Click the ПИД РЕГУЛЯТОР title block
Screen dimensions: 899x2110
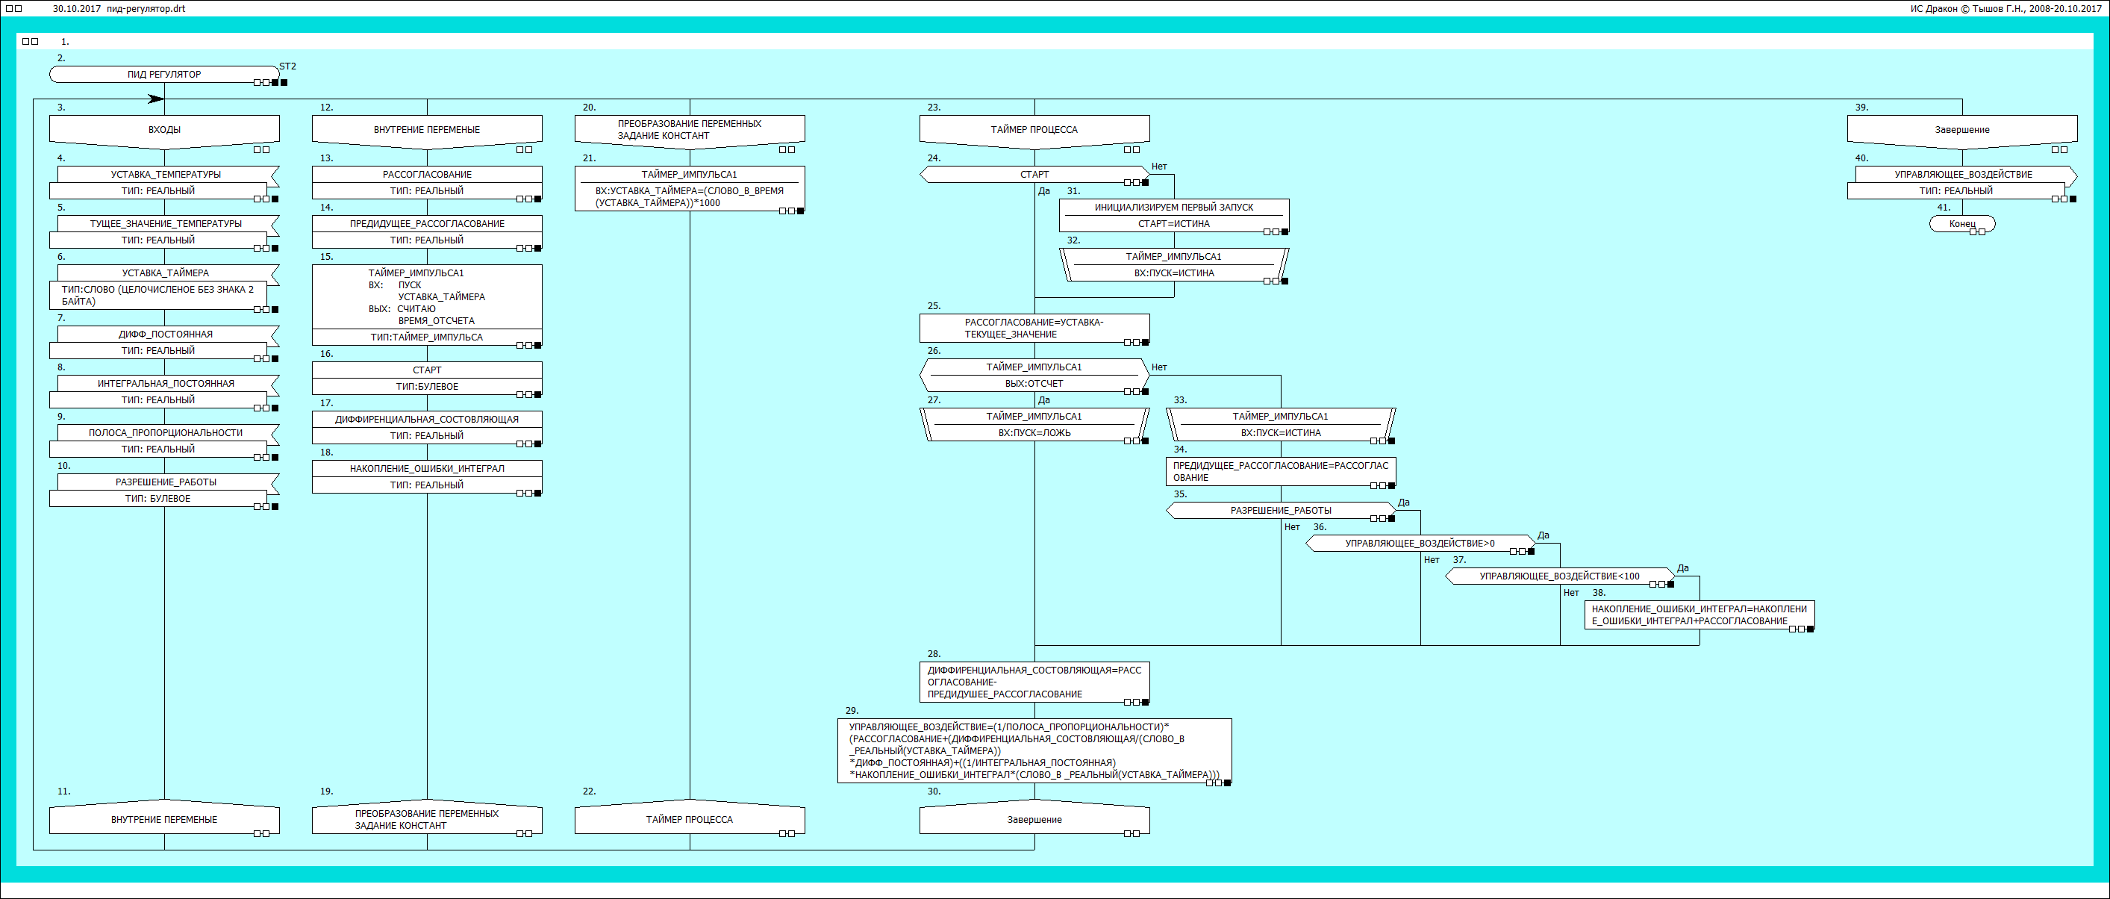pos(163,75)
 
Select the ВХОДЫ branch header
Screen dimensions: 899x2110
pos(163,129)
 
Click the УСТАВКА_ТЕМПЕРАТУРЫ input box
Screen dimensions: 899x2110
pos(166,175)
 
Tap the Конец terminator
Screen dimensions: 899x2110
pos(1961,224)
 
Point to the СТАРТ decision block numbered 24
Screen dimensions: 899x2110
pos(1034,175)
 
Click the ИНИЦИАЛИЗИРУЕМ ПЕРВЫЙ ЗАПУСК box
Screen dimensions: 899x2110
pos(1173,208)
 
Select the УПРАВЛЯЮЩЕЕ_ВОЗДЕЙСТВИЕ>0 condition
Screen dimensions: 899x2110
pos(1419,544)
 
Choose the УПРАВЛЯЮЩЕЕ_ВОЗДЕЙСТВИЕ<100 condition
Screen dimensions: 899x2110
pos(1558,576)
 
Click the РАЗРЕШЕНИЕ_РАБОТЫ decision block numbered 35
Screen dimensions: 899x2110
pos(1280,511)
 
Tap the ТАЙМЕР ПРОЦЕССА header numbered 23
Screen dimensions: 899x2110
pos(1034,129)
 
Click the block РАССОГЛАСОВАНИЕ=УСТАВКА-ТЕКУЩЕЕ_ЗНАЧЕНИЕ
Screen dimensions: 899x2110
pos(1034,328)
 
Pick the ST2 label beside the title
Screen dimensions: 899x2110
pos(287,66)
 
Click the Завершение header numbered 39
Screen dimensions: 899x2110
pos(1961,129)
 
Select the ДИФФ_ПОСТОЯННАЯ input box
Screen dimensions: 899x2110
pos(166,335)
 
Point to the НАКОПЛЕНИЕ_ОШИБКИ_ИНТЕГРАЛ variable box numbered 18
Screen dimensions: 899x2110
pos(427,469)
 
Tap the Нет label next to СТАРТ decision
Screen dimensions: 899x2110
pos(1159,167)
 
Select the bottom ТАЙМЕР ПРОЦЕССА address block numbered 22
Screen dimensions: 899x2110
pos(689,820)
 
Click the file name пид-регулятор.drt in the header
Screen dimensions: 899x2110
pos(146,9)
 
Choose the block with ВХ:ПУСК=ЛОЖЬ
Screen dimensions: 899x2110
pos(1034,433)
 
